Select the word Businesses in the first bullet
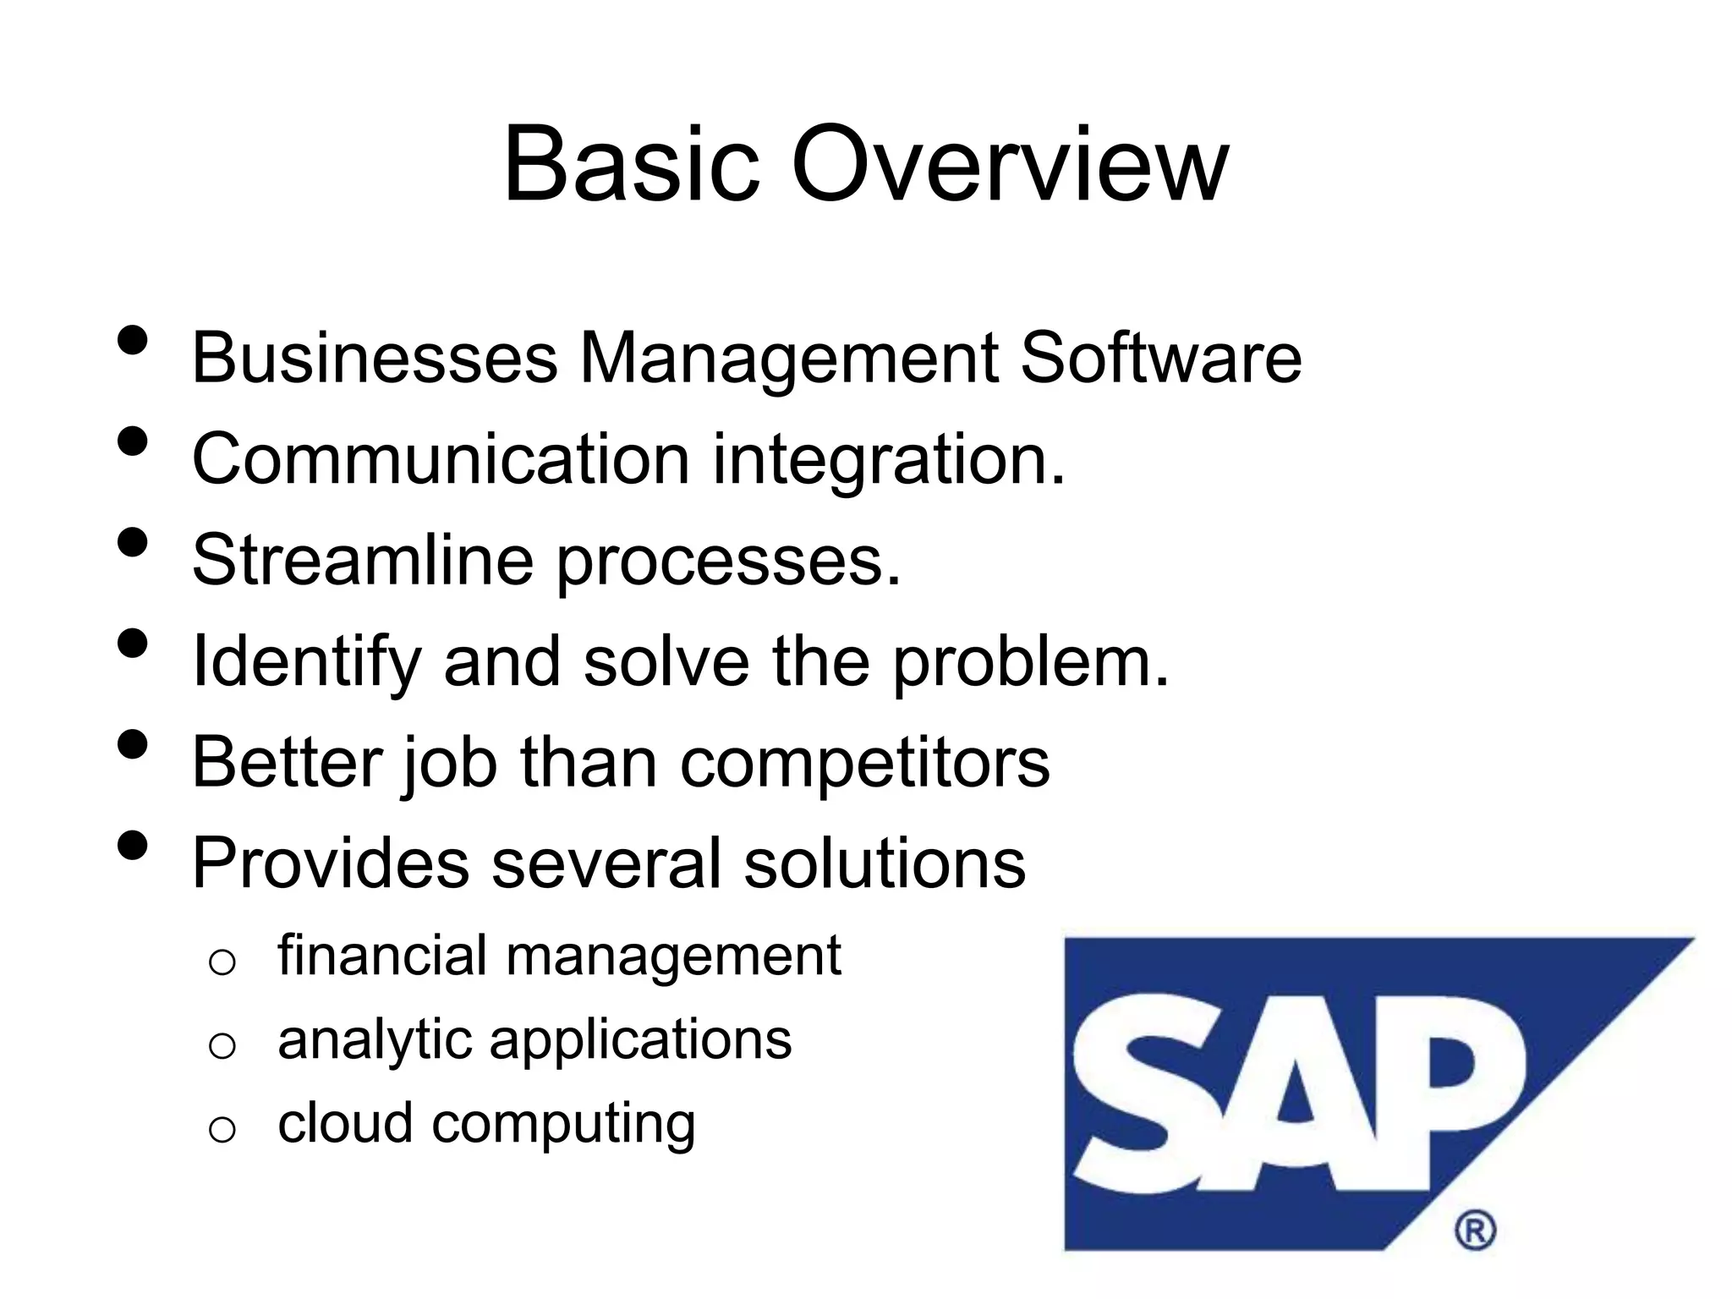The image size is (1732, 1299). point(375,359)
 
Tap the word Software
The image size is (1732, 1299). point(1160,359)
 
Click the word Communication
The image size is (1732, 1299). point(441,459)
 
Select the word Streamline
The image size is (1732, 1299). point(363,560)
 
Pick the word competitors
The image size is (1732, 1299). point(865,763)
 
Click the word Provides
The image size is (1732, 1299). point(330,863)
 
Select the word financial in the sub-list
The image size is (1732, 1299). point(381,956)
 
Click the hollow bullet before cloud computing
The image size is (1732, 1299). point(222,1130)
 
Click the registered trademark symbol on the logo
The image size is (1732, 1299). point(1475,1230)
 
